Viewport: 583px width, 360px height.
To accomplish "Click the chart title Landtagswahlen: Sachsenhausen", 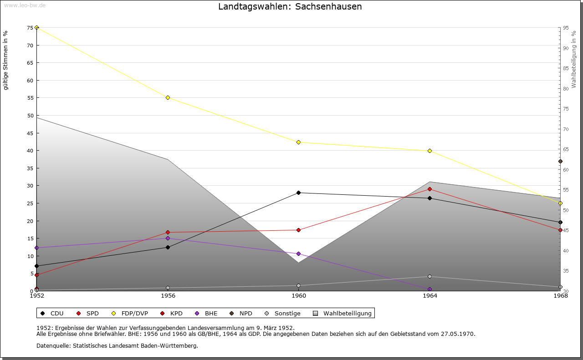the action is (290, 6).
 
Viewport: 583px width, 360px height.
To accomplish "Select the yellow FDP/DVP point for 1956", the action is (168, 97).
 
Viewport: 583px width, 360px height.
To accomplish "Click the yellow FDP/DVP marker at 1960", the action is (298, 142).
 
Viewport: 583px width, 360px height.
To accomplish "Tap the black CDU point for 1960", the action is (298, 193).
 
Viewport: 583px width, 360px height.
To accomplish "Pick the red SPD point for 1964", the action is (430, 189).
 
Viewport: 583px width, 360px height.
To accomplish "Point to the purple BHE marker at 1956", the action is (168, 238).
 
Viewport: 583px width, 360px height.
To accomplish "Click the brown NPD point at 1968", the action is (560, 161).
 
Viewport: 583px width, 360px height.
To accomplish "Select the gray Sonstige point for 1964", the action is (430, 277).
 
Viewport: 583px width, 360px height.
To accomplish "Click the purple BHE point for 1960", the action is (298, 254).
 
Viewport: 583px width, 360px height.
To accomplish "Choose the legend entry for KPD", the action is (172, 313).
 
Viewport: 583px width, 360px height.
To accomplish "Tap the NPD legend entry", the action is (241, 313).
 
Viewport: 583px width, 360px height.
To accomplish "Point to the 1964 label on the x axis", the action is (430, 296).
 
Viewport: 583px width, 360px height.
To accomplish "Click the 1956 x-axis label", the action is (168, 296).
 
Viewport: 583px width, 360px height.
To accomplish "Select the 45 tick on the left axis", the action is (30, 133).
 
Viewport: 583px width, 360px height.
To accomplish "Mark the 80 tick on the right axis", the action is (566, 89).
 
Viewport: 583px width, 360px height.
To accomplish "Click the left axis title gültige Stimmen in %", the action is (5, 61).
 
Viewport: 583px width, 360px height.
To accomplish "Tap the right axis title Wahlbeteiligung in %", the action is (574, 60).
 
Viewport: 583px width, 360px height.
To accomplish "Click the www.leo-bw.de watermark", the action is (25, 5).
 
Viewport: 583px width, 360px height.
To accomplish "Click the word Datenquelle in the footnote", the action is (53, 346).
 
